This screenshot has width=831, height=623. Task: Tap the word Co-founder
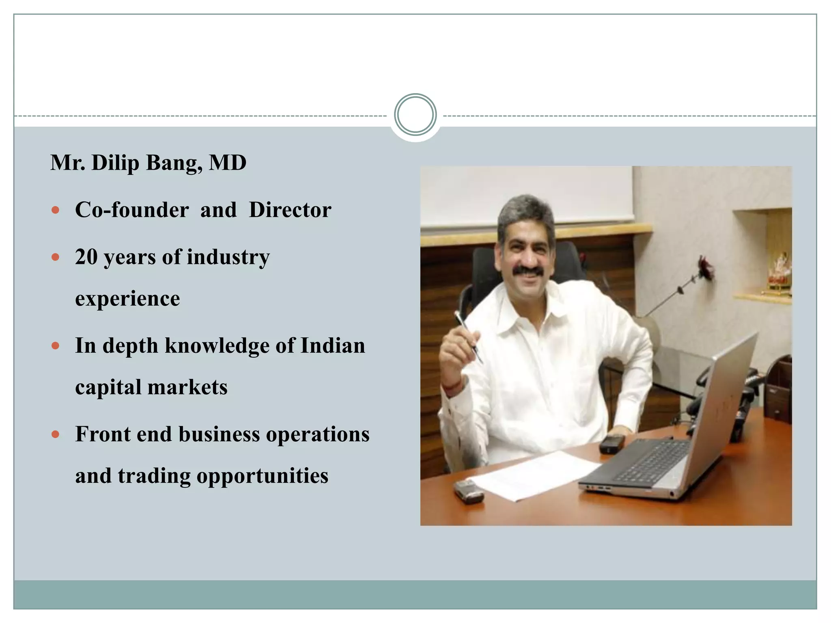[x=132, y=210]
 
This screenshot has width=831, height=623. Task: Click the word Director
[x=290, y=210]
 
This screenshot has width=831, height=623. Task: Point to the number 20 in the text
[x=86, y=257]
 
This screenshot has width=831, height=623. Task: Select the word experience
[x=127, y=299]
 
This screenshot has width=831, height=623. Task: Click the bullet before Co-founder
[x=56, y=210]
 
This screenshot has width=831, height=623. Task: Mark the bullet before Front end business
[x=56, y=435]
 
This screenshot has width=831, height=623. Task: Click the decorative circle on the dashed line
[x=415, y=115]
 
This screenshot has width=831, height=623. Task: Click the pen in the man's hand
[x=469, y=337]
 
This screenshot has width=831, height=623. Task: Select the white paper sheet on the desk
[x=532, y=475]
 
